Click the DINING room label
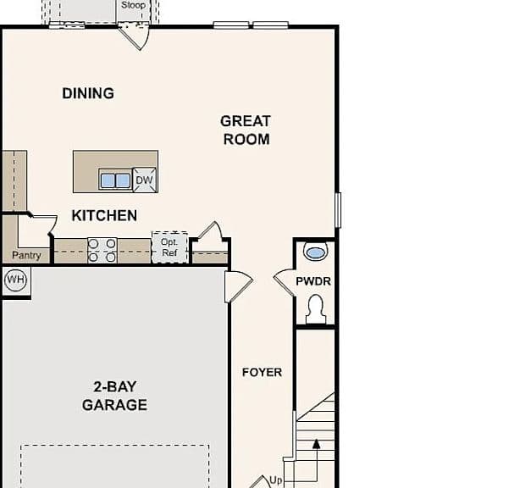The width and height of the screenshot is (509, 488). (88, 93)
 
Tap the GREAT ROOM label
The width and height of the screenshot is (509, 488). (246, 130)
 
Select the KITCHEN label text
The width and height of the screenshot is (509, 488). (104, 215)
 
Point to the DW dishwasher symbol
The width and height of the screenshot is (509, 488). (145, 180)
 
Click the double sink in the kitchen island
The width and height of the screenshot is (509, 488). (115, 180)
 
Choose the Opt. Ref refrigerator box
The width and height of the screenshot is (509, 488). (169, 247)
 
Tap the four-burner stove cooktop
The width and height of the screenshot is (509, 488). (102, 250)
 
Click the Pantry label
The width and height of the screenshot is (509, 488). (26, 256)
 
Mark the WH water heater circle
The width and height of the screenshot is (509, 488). (15, 280)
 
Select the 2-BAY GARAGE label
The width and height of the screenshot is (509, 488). (114, 396)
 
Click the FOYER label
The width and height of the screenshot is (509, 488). (262, 373)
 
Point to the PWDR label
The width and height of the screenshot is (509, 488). (313, 281)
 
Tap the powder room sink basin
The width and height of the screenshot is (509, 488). (315, 252)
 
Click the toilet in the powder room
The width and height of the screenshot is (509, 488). (316, 309)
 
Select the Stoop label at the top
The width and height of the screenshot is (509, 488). (133, 5)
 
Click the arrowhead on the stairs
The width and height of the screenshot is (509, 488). (317, 444)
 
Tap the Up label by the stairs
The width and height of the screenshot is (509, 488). (276, 480)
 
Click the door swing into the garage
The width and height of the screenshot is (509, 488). (239, 286)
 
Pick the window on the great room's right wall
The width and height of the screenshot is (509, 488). (338, 210)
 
